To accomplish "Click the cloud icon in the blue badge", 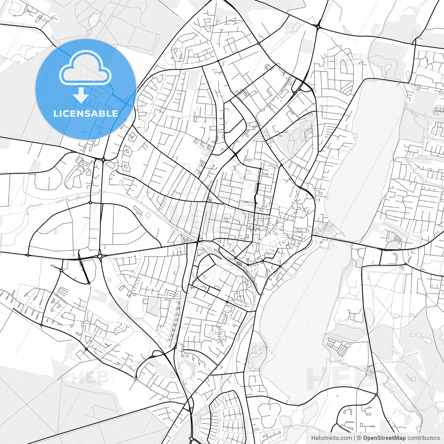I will pyautogui.click(x=85, y=68).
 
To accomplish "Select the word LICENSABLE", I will pyautogui.click(x=85, y=113).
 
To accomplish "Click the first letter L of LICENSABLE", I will pyautogui.click(x=55, y=113).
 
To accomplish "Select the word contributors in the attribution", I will pyautogui.click(x=424, y=438).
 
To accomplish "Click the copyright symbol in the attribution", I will pyautogui.click(x=359, y=438).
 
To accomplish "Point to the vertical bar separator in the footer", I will pyautogui.click(x=354, y=438).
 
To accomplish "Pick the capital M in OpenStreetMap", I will pyautogui.click(x=400, y=438).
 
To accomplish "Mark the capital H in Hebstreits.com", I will pyautogui.click(x=313, y=438).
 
